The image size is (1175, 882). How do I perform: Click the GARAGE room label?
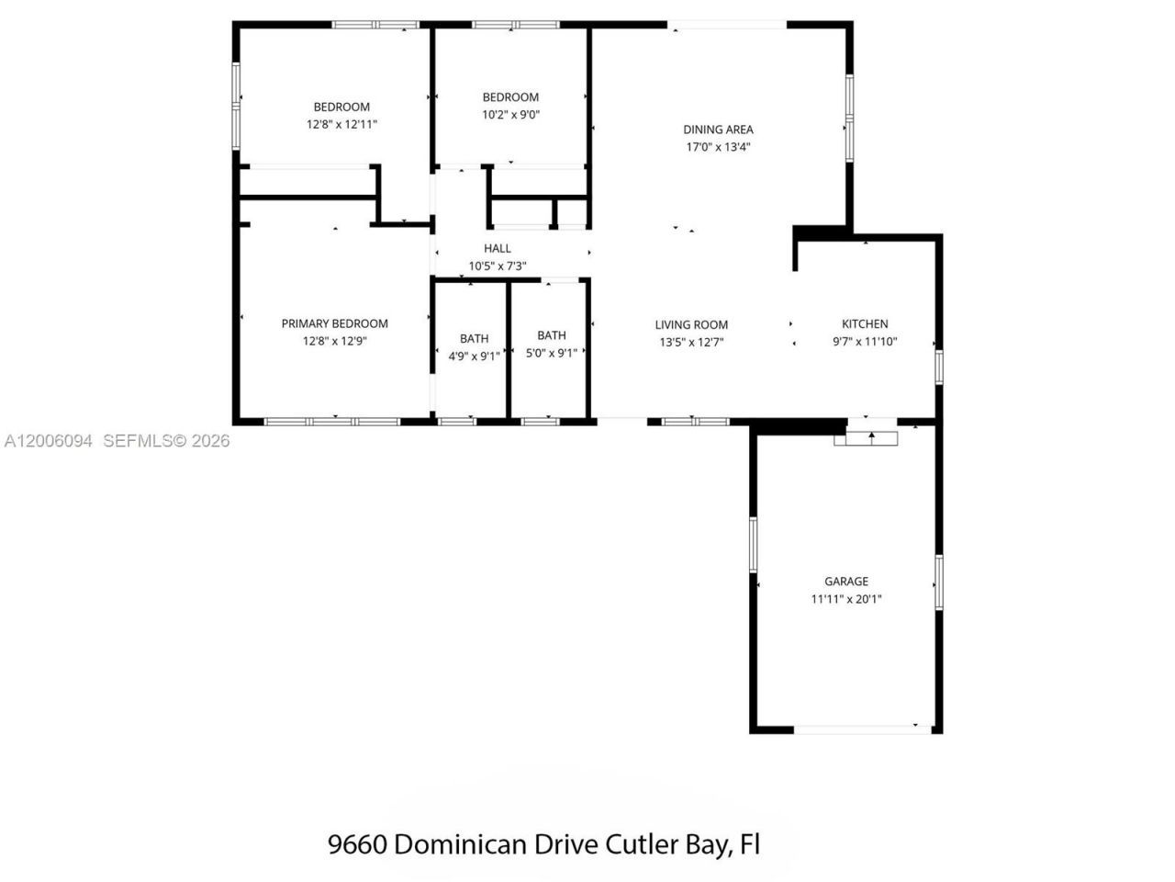point(845,582)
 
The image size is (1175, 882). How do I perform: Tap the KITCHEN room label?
point(865,323)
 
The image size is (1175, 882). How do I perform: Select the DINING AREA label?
point(718,130)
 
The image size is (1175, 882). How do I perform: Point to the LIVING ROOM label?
point(691,324)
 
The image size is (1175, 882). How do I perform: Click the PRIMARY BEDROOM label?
point(334,323)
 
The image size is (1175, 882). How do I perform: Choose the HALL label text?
point(498,248)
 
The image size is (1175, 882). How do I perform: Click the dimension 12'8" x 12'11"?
point(341,124)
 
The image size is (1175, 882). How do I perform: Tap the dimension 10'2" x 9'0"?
point(510,115)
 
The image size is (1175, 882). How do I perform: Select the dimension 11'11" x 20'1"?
point(845,599)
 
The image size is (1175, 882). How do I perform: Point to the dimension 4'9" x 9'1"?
point(474,356)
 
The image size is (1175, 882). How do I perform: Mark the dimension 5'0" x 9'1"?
point(551,353)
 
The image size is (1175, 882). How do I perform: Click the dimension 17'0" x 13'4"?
point(718,147)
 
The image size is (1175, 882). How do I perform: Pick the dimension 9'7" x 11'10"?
point(865,342)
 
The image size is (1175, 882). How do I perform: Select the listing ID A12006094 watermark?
point(48,441)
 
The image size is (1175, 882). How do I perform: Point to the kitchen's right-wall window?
point(938,366)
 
